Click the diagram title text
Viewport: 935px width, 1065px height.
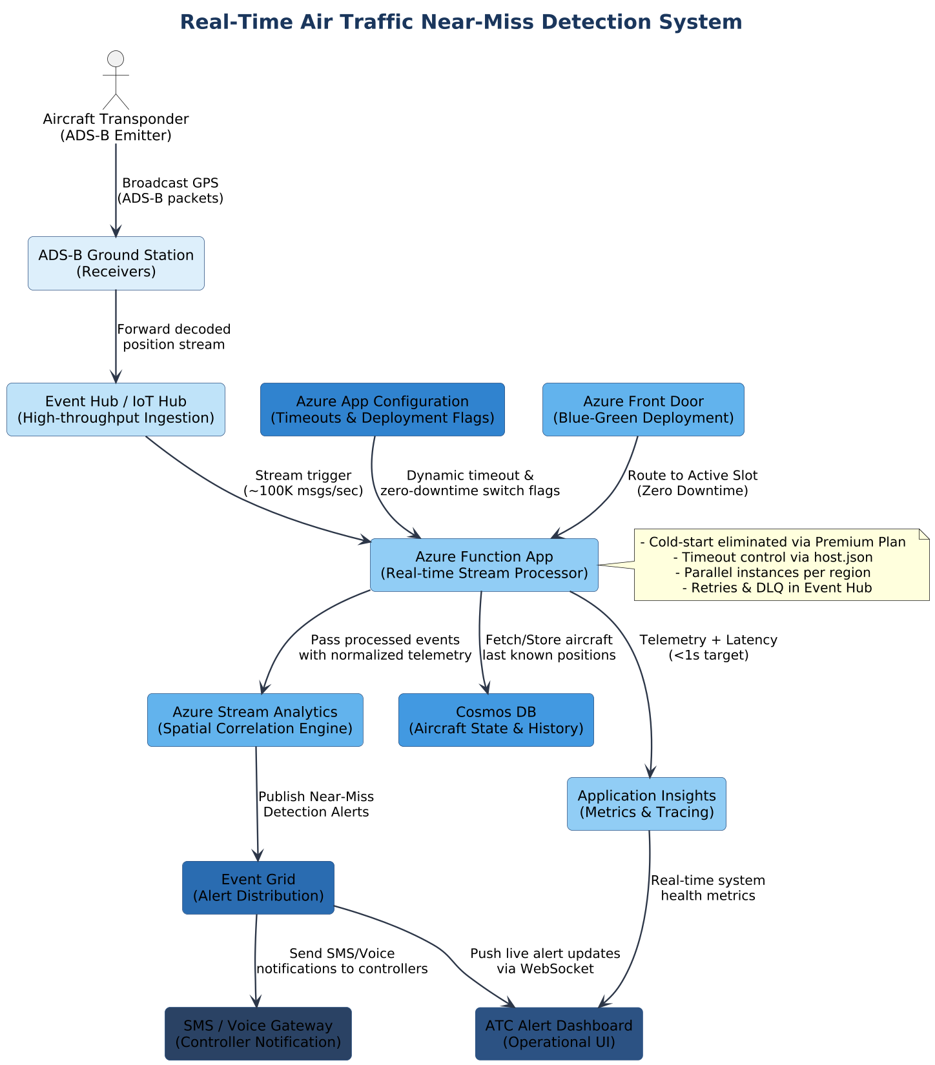(460, 23)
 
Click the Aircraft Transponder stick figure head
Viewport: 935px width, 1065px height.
(116, 59)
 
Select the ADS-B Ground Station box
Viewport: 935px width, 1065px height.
(116, 263)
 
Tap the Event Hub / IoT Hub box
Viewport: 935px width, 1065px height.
(116, 410)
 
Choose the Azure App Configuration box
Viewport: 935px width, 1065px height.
(382, 410)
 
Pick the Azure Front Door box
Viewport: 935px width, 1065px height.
(643, 410)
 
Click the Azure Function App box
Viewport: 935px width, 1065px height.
(484, 565)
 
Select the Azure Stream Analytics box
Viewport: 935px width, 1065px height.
(255, 720)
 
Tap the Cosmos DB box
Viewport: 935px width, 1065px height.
(496, 720)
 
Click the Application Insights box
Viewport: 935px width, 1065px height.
(646, 804)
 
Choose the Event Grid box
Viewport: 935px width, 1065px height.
(258, 888)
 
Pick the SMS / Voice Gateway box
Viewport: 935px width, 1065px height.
(258, 1034)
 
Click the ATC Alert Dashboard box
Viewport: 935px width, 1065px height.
(559, 1034)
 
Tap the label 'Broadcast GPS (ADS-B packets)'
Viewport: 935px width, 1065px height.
(170, 191)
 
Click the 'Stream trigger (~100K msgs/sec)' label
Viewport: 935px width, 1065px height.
(303, 483)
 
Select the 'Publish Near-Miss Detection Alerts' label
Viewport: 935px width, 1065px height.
(316, 804)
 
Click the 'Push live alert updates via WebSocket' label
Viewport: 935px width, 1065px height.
(545, 961)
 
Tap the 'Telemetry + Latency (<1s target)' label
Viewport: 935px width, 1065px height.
(708, 647)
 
